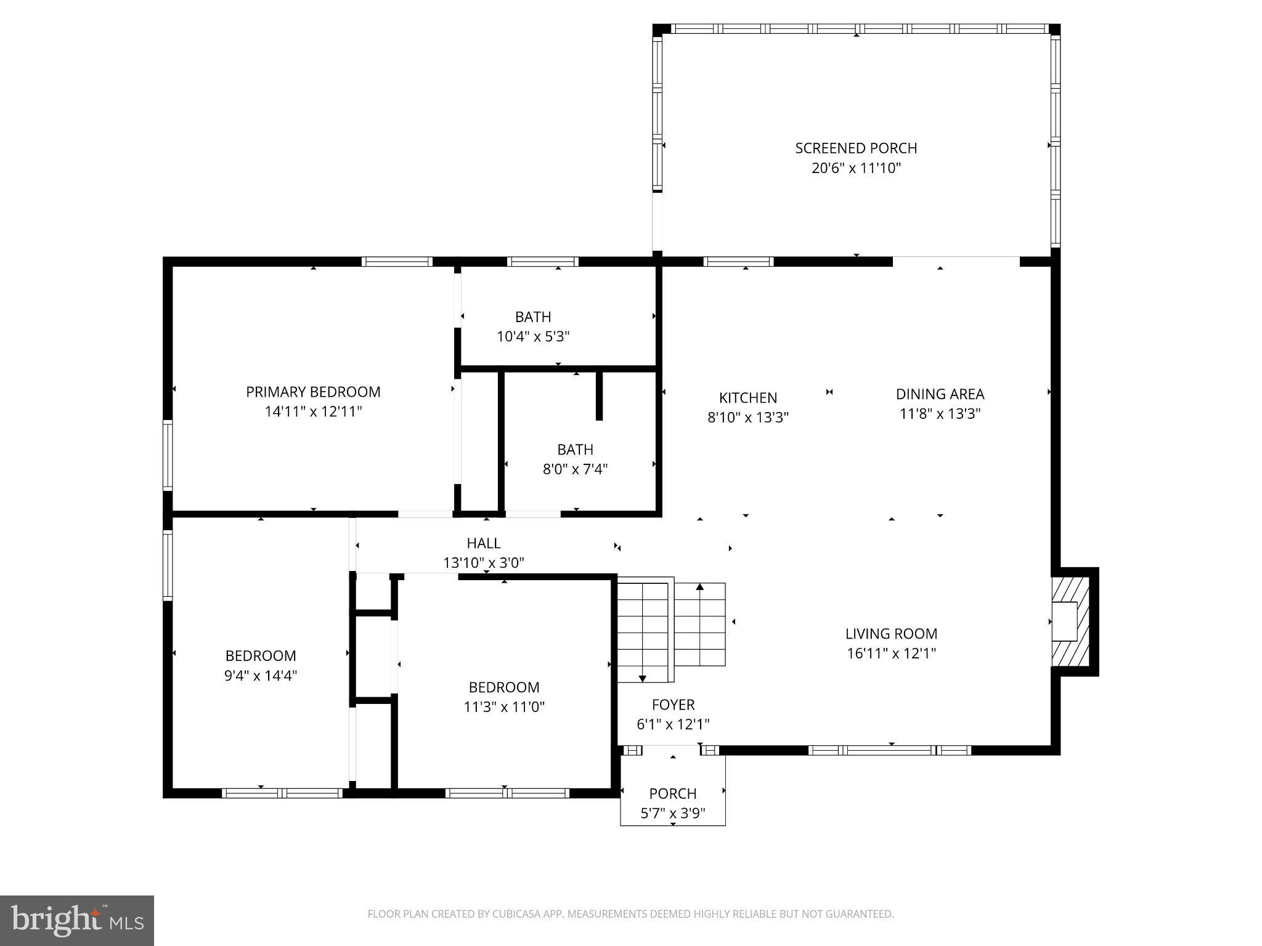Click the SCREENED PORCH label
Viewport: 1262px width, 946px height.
coord(856,148)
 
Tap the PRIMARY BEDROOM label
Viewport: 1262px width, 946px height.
coord(313,392)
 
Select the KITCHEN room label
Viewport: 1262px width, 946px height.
coord(748,398)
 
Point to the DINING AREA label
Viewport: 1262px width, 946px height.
coord(940,394)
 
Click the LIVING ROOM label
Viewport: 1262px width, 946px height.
coord(891,634)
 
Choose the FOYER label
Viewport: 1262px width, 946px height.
coord(673,705)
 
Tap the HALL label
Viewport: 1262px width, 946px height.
coord(484,543)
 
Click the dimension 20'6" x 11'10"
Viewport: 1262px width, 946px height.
coord(856,168)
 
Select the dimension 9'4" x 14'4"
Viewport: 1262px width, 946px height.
coord(261,676)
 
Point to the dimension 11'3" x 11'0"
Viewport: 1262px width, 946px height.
coord(504,707)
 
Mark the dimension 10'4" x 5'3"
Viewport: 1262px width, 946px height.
coord(533,337)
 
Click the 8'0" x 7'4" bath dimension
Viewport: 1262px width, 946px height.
coord(575,469)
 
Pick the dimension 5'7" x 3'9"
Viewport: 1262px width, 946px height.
coord(673,814)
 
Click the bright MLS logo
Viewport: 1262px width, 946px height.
coord(77,921)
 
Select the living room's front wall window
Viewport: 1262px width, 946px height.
coord(890,750)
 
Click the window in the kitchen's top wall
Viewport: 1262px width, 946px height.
coord(738,261)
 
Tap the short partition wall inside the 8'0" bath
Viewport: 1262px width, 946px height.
coord(599,396)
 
